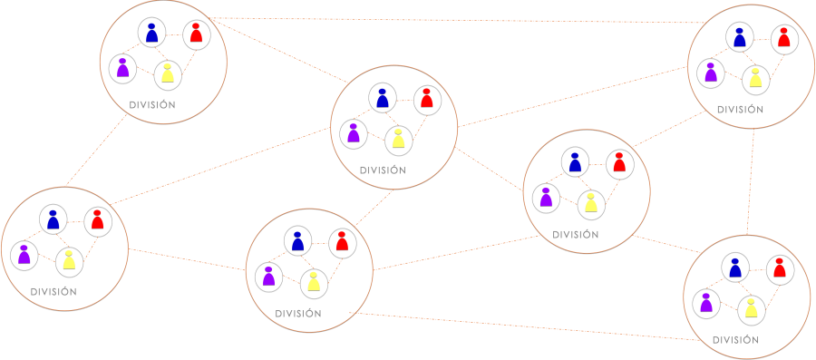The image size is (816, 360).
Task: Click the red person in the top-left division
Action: (196, 34)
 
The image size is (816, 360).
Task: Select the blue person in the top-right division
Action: (740, 37)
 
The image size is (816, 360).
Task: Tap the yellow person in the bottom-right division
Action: (751, 310)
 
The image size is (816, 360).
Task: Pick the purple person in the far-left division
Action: (24, 254)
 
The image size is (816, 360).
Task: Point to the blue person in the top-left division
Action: (151, 33)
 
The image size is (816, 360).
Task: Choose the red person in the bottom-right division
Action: (778, 268)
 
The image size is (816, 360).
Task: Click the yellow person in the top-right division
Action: (755, 78)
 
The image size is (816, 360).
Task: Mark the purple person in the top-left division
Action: (122, 67)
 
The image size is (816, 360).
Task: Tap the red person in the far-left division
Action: (97, 219)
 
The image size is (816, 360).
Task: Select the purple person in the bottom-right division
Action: (706, 302)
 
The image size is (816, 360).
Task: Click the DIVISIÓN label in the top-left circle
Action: (152, 105)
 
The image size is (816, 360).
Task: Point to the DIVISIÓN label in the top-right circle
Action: (740, 110)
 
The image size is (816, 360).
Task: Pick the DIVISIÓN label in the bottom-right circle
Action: (735, 341)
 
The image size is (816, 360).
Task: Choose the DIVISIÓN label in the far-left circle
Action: (53, 292)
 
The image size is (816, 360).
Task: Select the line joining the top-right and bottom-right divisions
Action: (751, 181)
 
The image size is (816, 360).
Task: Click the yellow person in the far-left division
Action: (69, 261)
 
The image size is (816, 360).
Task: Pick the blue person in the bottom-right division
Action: (734, 268)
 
